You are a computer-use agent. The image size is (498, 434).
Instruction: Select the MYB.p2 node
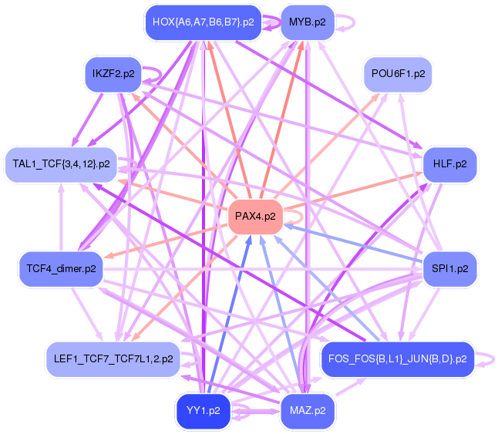coord(307,22)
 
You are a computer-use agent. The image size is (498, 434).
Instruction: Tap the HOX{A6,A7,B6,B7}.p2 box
coord(203,22)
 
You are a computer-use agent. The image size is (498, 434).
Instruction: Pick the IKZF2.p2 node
coord(113,74)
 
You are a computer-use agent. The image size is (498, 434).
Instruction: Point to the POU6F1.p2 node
coord(397,74)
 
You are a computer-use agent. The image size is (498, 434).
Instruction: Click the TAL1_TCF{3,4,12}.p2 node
coord(61,163)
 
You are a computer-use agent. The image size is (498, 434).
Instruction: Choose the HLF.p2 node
coord(450,163)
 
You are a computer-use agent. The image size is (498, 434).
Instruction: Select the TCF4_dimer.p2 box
coord(61,269)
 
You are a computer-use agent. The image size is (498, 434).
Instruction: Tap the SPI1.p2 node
coord(450,269)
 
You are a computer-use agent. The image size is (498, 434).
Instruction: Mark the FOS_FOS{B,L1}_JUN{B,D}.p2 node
coord(397,358)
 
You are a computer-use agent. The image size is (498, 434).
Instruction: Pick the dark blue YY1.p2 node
coord(203,411)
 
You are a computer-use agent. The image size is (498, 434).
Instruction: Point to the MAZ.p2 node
coord(307,411)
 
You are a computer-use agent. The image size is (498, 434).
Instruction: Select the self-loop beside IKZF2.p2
coord(157,73)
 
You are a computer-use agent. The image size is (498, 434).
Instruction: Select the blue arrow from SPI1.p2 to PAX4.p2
coord(355,243)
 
